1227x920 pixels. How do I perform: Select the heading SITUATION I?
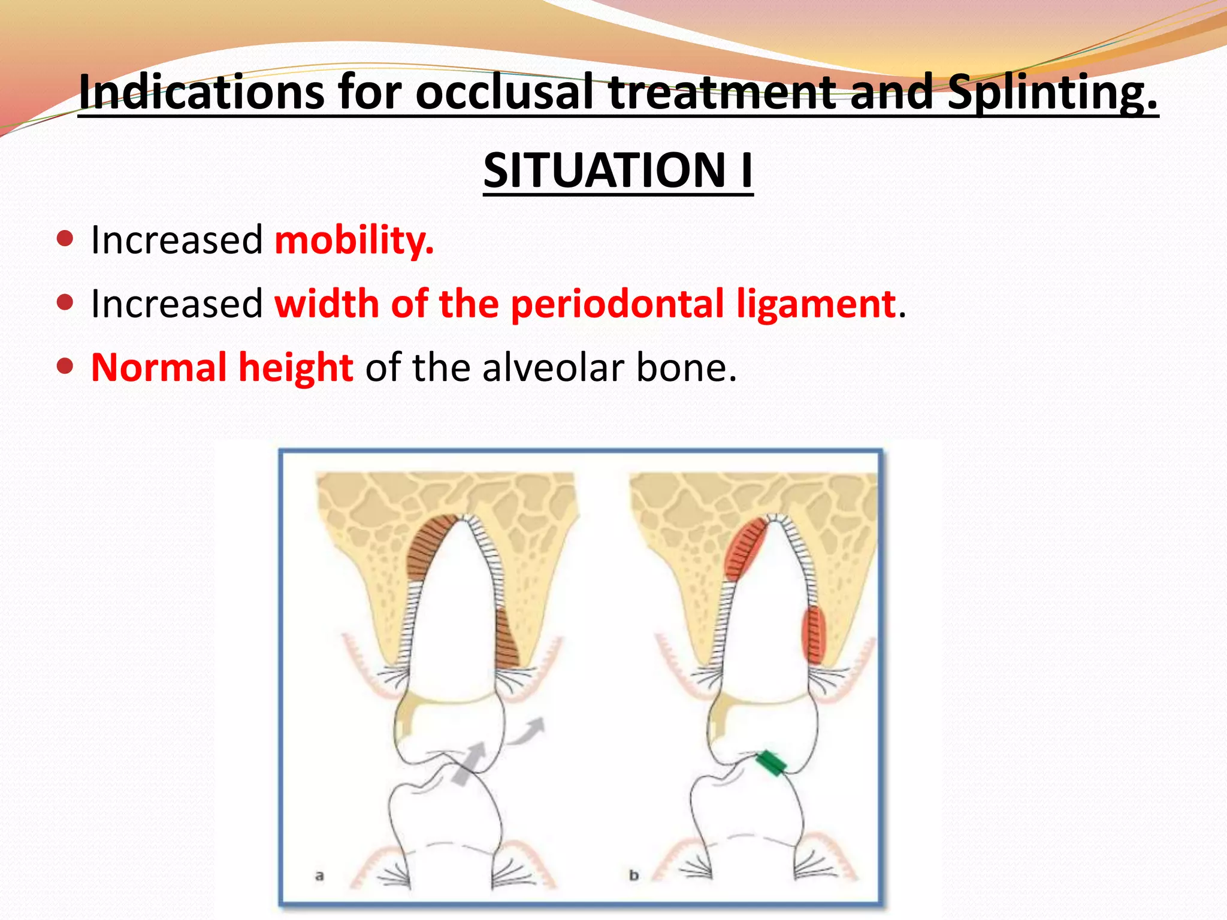point(618,171)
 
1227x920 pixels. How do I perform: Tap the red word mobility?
point(354,241)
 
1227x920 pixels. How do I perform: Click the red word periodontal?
point(618,304)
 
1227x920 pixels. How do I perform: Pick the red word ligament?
point(817,304)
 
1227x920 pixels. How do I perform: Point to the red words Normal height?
point(222,368)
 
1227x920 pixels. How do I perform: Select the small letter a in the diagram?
point(319,876)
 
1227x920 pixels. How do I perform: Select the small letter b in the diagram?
point(634,876)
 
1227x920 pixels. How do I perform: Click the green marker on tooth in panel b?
point(770,763)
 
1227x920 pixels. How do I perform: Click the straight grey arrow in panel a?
point(469,763)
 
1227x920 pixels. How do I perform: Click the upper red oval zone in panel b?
point(745,548)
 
